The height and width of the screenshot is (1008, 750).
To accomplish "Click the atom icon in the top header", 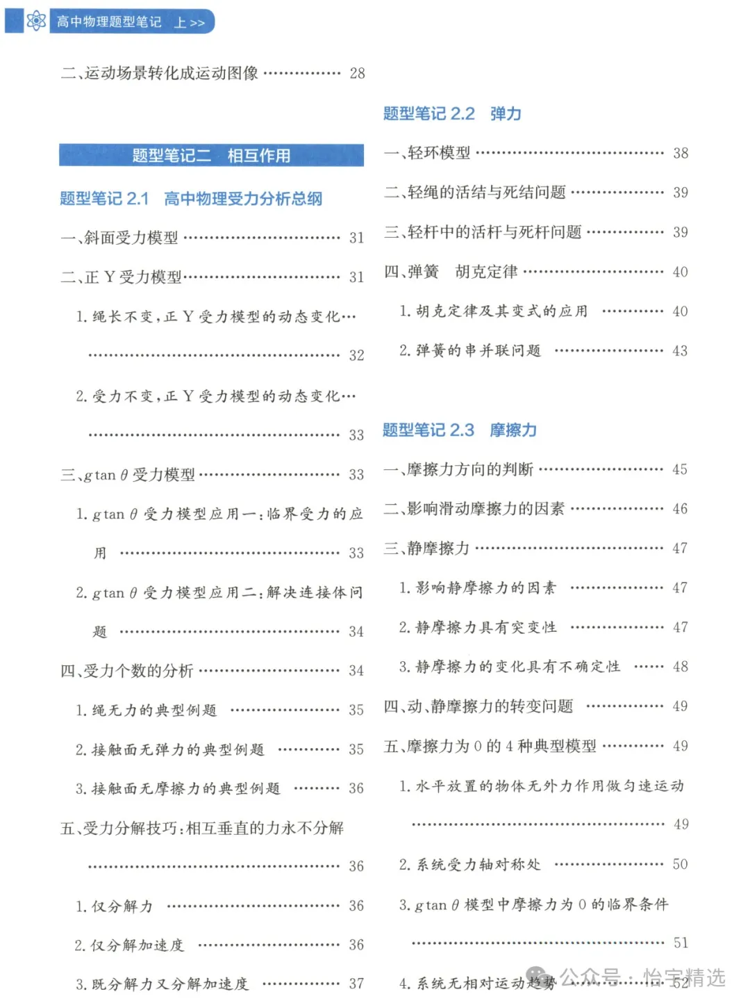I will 36,21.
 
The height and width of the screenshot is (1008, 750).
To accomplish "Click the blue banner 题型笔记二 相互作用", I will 211,155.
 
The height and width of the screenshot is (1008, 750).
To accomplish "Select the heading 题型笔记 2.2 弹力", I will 452,114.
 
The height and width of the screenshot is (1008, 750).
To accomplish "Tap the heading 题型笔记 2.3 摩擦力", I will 459,430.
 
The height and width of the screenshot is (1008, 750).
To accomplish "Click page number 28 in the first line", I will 357,73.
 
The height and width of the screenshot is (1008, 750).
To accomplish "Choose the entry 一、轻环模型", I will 428,153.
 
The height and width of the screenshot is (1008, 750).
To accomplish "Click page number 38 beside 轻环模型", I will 681,153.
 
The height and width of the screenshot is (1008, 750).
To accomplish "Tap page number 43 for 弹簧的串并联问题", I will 680,351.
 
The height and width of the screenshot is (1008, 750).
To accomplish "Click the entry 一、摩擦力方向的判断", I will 459,470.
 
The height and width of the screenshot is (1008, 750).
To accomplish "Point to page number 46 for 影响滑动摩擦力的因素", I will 680,509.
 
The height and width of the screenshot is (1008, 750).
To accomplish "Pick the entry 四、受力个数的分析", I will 127,671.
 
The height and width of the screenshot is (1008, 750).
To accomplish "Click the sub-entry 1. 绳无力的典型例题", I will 147,710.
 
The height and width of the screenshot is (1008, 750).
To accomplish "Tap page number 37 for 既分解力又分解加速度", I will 356,984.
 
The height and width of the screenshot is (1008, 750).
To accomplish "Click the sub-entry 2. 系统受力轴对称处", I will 470,865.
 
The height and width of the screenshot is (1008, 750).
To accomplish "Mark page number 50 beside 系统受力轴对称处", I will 680,864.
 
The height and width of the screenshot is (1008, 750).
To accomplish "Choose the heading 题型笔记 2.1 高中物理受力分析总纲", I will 191,199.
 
